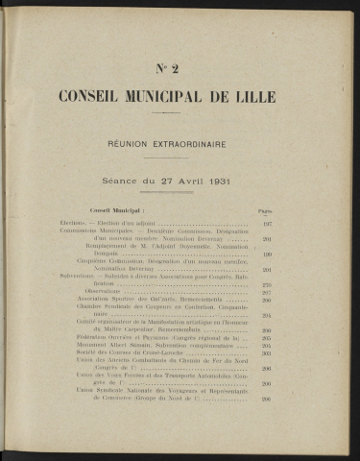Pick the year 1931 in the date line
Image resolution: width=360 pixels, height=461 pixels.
pyautogui.click(x=235, y=180)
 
